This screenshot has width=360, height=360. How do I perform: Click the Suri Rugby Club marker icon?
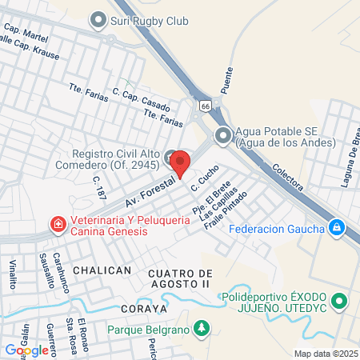click(x=98, y=20)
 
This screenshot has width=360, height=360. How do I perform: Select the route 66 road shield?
click(x=206, y=105)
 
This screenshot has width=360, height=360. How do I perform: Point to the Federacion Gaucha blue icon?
click(x=337, y=229)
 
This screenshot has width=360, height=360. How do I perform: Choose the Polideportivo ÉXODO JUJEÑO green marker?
click(x=339, y=302)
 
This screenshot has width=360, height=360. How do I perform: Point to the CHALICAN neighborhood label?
click(x=102, y=270)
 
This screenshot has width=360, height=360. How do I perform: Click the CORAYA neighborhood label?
click(x=143, y=308)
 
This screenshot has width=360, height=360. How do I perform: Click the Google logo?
click(x=26, y=350)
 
